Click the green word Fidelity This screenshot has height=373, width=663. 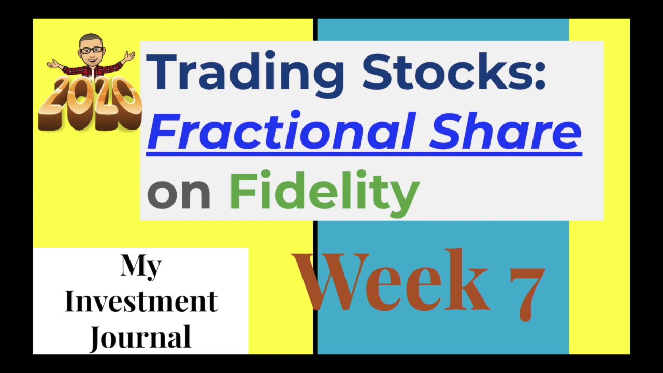[324, 191]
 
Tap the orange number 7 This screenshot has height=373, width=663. [526, 285]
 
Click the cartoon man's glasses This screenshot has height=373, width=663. [92, 50]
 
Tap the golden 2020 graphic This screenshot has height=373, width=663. [89, 104]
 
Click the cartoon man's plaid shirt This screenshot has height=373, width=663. [92, 68]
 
